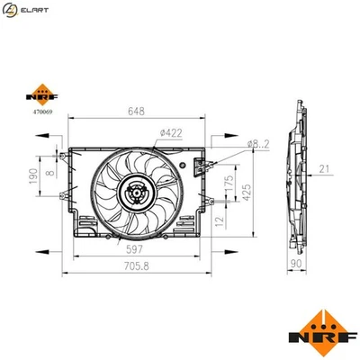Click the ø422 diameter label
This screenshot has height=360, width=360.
pos(170,133)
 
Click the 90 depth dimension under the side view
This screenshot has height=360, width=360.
pos(297,265)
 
